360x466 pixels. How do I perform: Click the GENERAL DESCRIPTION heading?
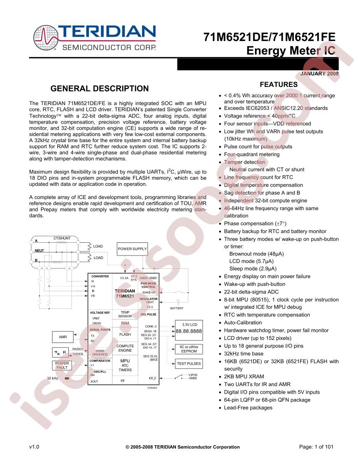click(x=100, y=88)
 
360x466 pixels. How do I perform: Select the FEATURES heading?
click(x=278, y=85)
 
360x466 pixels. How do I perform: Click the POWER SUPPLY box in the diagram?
click(x=132, y=249)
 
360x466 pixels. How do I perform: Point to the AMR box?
click(x=63, y=337)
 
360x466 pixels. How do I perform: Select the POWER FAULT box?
click(x=62, y=365)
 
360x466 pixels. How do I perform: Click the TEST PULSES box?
click(x=188, y=364)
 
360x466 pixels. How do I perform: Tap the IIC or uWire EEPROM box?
click(x=189, y=349)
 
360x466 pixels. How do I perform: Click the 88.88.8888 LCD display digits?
click(x=188, y=331)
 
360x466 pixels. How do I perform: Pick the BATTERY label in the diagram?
click(x=176, y=308)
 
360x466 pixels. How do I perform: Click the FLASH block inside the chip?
click(x=125, y=334)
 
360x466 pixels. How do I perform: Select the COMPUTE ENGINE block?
click(x=125, y=348)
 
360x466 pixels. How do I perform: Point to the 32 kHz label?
click(x=52, y=378)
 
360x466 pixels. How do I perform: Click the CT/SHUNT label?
click(x=62, y=238)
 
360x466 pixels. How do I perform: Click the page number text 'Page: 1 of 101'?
click(x=316, y=447)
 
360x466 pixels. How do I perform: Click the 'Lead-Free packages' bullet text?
click(x=248, y=408)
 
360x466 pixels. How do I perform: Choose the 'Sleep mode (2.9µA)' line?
click(x=253, y=269)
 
